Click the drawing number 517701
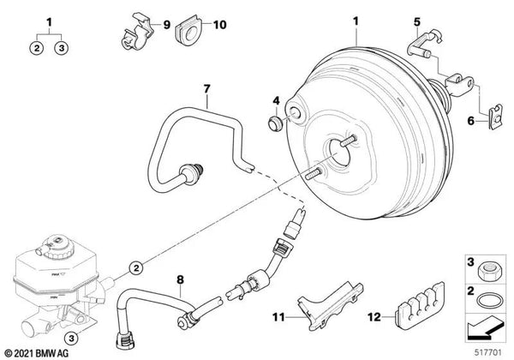click(486, 351)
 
